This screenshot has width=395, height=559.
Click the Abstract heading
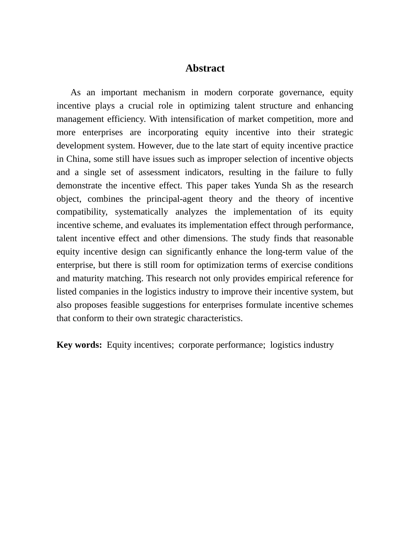(x=205, y=68)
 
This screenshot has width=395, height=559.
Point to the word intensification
(x=196, y=119)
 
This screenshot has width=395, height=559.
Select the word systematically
(x=141, y=212)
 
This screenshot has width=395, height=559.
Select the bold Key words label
(x=79, y=345)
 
